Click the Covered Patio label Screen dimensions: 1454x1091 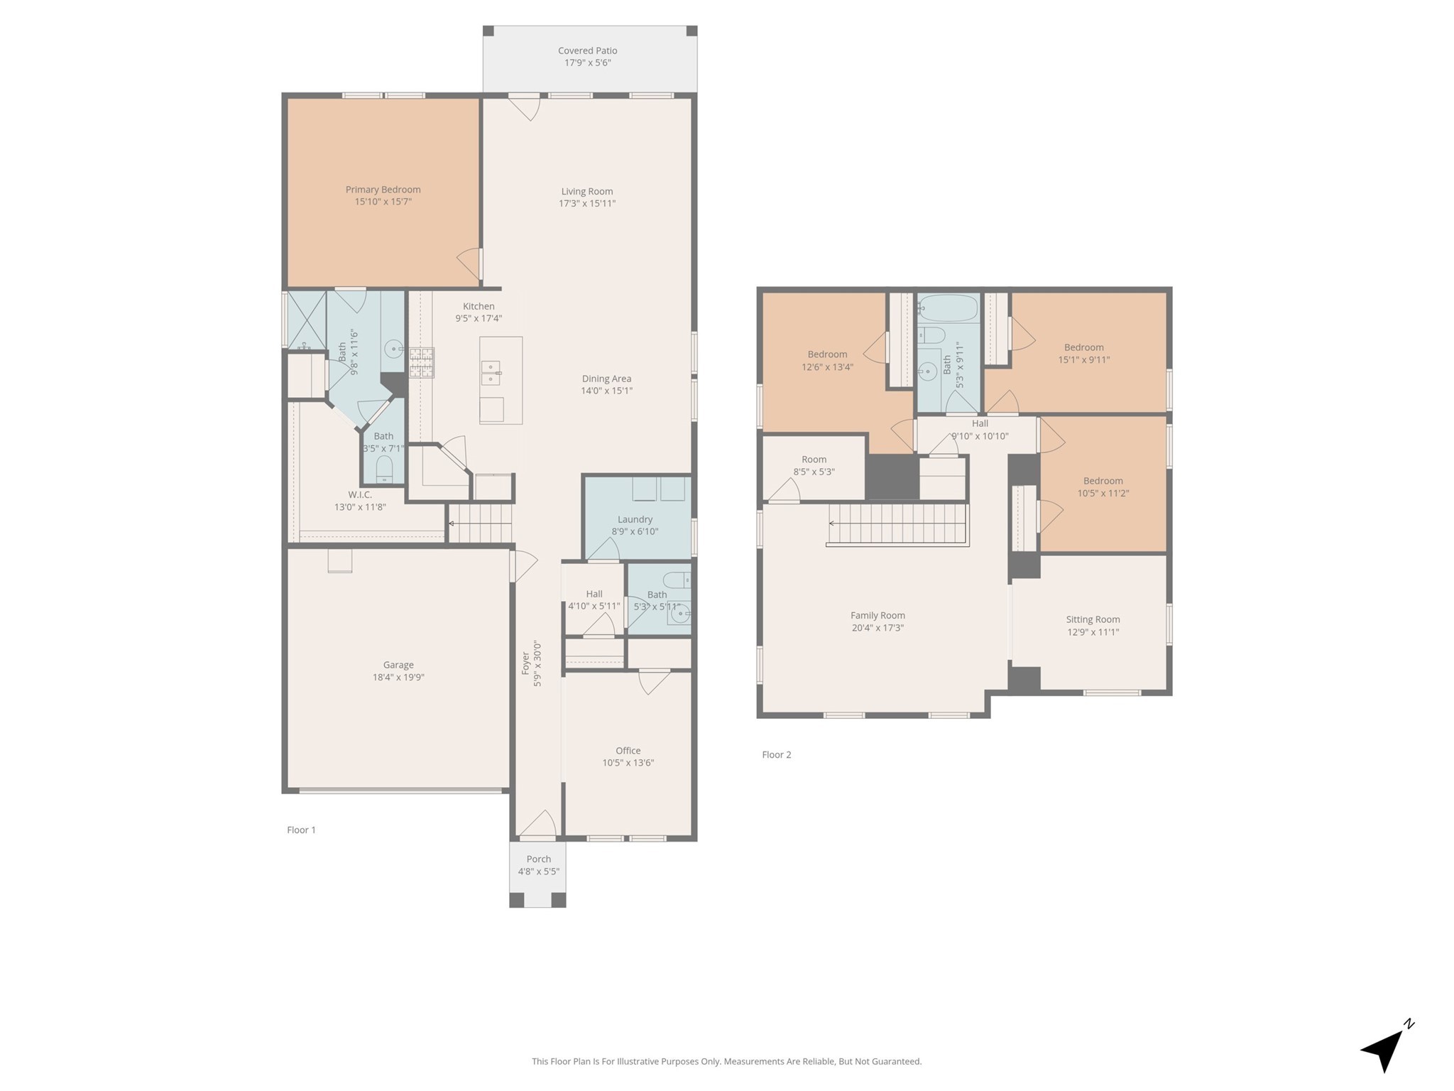[587, 50]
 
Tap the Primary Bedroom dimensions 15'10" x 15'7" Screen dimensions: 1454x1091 [383, 202]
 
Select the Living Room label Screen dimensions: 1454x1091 [586, 191]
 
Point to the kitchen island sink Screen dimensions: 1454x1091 [491, 372]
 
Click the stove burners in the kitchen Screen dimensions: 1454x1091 [421, 362]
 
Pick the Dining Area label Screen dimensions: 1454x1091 [606, 379]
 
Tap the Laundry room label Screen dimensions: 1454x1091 [635, 519]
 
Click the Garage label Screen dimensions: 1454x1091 [398, 665]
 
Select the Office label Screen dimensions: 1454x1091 [628, 750]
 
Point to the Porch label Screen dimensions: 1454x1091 [539, 859]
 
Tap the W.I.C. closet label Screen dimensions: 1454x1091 [360, 494]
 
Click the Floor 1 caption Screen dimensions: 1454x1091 [301, 830]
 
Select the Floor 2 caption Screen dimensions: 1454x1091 [776, 754]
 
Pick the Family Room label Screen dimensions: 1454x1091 [878, 616]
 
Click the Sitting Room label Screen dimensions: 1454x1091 [1093, 619]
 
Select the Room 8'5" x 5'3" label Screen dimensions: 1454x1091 [814, 465]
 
